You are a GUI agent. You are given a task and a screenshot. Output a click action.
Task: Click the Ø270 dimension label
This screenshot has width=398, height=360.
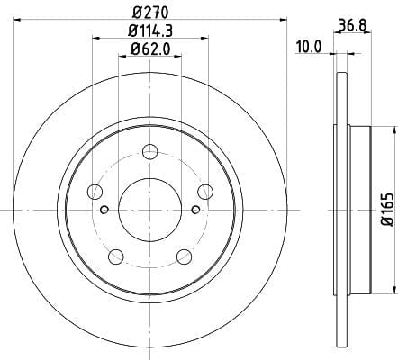150,13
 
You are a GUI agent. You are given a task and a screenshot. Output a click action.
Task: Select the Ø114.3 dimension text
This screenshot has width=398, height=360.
150,31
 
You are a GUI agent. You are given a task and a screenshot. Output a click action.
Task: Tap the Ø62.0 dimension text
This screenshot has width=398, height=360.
150,49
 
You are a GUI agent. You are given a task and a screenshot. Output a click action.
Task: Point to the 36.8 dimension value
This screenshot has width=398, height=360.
353,25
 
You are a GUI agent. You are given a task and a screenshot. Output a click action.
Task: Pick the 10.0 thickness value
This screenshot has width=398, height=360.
309,47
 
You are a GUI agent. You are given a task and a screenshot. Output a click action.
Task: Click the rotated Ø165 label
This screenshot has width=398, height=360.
387,210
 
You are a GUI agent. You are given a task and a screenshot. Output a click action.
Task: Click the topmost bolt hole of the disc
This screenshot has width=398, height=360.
150,151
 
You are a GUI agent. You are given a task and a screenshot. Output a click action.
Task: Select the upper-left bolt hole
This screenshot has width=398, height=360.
95,192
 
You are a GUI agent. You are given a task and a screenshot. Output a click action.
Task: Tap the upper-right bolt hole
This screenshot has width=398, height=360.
205,192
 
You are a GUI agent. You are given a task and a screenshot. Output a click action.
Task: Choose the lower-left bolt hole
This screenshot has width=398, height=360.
116,256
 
